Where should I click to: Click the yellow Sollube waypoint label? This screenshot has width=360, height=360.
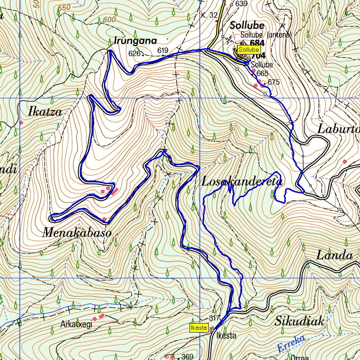249,49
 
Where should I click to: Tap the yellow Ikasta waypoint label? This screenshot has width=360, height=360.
198,328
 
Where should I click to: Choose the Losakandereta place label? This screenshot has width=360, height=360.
242,181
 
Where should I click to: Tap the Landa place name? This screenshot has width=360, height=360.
334,256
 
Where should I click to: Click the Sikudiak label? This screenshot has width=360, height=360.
299,321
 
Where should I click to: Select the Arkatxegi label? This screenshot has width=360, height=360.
76,324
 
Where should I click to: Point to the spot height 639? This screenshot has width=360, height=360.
242,4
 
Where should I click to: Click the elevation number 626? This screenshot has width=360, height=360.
134,54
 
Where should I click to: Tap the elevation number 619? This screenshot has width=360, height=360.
162,50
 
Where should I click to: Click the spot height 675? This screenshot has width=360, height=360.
274,82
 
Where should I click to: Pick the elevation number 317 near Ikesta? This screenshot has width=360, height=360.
214,318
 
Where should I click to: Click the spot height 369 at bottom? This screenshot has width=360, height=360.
187,357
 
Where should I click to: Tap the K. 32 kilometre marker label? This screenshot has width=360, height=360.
209,15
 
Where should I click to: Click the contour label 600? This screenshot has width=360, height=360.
109,20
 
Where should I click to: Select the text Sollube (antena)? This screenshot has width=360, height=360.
266,35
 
